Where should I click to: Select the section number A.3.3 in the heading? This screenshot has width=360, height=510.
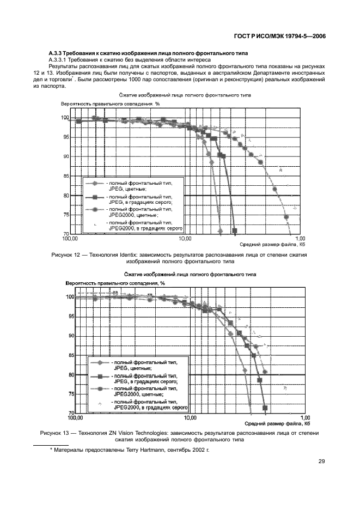[57, 53]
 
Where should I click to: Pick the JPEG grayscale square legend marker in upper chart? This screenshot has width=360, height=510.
[94, 197]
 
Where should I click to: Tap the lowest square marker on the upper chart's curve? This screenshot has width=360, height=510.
[234, 231]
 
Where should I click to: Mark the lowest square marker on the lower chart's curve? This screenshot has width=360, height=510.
[265, 408]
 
